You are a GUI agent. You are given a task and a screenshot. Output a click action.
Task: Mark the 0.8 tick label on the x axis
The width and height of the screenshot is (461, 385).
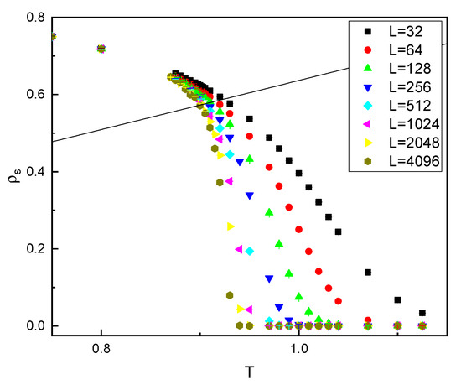coord(101,351)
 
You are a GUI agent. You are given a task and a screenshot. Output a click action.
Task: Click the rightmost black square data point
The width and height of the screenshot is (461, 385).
coord(422,313)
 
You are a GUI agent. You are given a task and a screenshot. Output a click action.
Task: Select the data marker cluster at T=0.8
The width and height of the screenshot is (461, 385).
coord(101,49)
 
